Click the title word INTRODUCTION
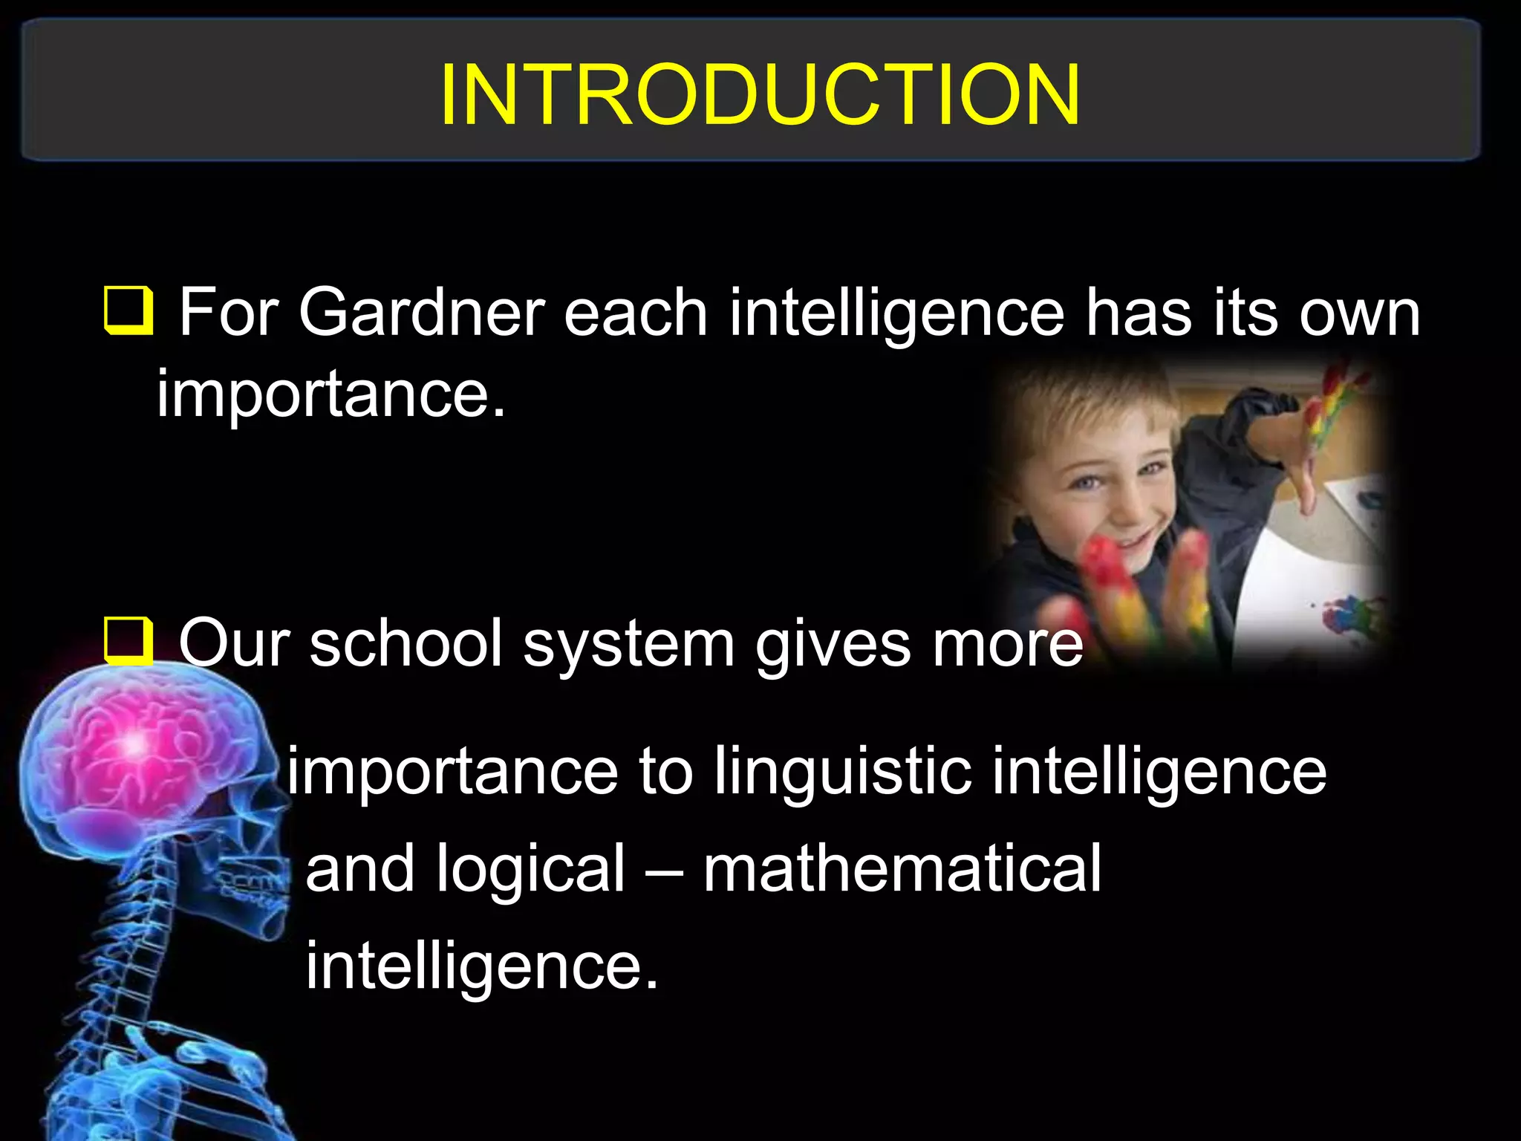[x=759, y=94]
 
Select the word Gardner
[x=421, y=313]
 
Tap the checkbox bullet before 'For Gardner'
[x=128, y=310]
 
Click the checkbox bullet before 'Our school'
[x=128, y=640]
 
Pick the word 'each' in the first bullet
[x=635, y=313]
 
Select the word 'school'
[x=406, y=643]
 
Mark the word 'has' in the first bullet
[x=1139, y=313]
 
